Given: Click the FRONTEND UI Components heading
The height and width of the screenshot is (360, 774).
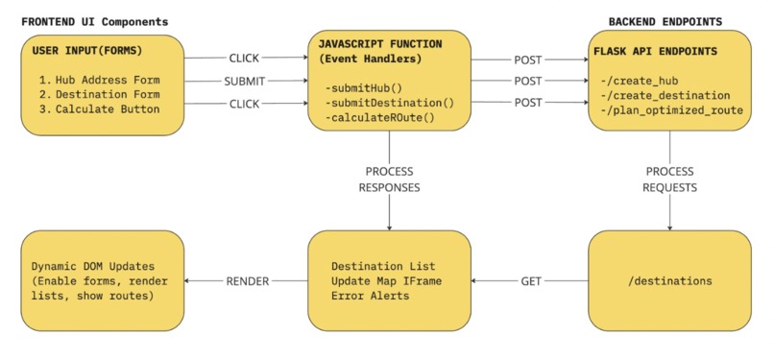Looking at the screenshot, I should pyautogui.click(x=94, y=21).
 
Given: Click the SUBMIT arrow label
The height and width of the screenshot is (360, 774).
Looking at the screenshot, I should pyautogui.click(x=245, y=81).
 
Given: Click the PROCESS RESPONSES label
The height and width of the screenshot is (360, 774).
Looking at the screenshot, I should pyautogui.click(x=389, y=180).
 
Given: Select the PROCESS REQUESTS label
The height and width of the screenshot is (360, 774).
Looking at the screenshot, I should pyautogui.click(x=669, y=180).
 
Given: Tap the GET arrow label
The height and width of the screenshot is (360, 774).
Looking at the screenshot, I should pyautogui.click(x=530, y=281).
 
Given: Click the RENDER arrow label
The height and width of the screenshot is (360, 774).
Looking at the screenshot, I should pyautogui.click(x=247, y=281).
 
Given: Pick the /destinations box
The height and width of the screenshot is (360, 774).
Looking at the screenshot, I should pyautogui.click(x=669, y=281).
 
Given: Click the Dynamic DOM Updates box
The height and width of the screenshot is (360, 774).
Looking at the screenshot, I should pyautogui.click(x=102, y=281).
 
